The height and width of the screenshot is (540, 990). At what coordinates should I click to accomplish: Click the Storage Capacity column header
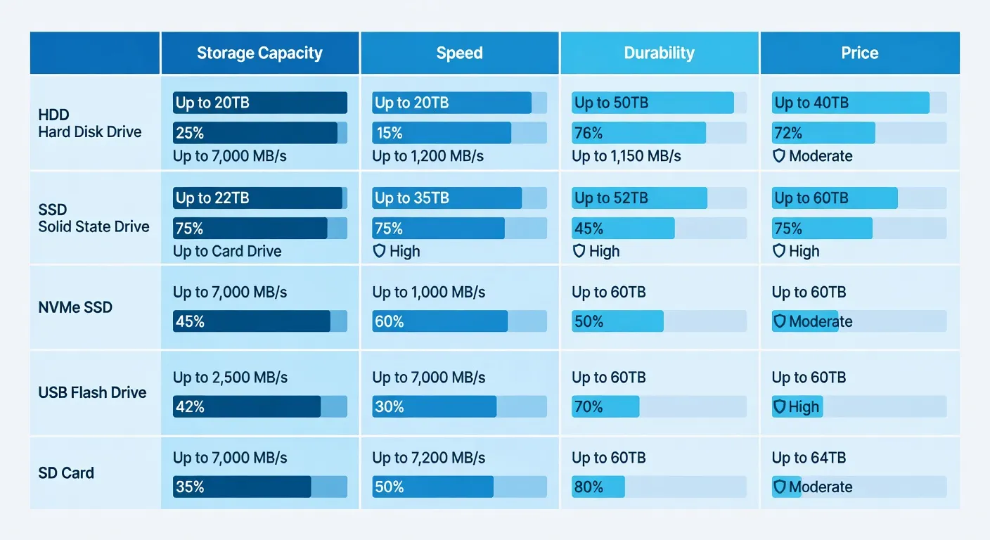[x=259, y=53]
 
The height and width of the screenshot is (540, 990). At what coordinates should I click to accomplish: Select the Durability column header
[x=659, y=53]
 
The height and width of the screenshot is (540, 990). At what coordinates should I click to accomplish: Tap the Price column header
[x=859, y=53]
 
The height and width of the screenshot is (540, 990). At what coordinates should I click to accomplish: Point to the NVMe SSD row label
[x=75, y=307]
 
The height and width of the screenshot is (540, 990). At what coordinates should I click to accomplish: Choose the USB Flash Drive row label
[x=92, y=392]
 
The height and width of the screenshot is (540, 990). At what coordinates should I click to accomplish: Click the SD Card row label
[x=66, y=472]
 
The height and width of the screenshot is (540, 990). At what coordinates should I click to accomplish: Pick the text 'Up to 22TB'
[x=212, y=198]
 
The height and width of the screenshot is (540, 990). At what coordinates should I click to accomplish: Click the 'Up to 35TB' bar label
[x=412, y=198]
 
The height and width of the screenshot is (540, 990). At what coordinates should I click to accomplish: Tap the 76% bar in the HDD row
[x=638, y=133]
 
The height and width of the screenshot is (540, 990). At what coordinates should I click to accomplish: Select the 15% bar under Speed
[x=442, y=133]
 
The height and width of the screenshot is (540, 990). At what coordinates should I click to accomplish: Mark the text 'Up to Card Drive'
[x=227, y=251]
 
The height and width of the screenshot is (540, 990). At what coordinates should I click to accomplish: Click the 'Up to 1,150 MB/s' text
[x=626, y=156]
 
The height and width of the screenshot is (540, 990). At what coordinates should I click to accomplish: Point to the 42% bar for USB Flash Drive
[x=247, y=406]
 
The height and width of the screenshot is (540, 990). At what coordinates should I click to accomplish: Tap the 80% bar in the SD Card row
[x=598, y=487]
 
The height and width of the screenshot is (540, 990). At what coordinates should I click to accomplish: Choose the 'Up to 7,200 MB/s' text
[x=429, y=458]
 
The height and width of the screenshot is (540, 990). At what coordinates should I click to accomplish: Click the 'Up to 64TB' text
[x=809, y=458]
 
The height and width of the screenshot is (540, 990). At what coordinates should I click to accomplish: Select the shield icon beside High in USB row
[x=779, y=406]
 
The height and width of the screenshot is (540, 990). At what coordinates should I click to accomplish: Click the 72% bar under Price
[x=823, y=133]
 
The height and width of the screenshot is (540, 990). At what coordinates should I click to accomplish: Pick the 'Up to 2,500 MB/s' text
[x=230, y=378]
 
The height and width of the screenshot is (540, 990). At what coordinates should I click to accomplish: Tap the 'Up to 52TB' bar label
[x=611, y=198]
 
